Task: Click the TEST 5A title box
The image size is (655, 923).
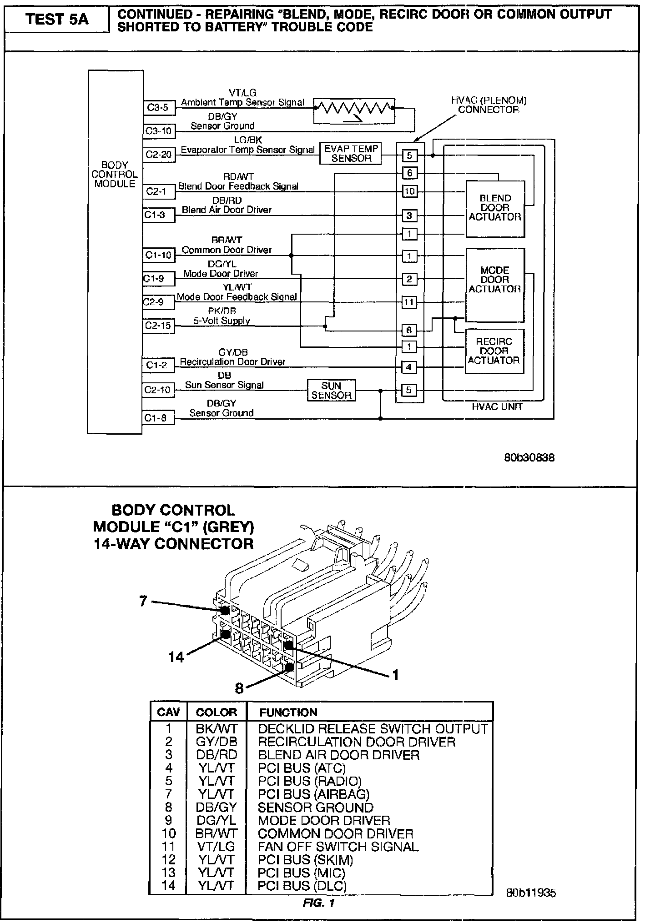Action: [x=57, y=20]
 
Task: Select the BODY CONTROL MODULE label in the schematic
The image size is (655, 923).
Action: [x=115, y=175]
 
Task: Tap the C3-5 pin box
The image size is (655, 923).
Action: [x=158, y=108]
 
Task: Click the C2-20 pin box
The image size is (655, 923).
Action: [x=159, y=155]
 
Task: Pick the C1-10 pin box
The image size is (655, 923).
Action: [x=159, y=256]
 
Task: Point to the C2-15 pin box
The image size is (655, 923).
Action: [x=158, y=326]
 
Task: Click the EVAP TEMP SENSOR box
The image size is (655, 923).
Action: [x=351, y=154]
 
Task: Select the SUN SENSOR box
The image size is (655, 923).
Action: [x=332, y=391]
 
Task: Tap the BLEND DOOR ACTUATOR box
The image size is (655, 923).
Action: [x=495, y=208]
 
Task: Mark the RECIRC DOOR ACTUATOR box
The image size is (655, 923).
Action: [x=494, y=351]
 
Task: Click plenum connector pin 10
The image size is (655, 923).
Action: [x=409, y=191]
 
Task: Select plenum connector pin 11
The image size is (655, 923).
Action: [x=409, y=302]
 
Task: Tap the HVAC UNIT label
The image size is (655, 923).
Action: [x=497, y=407]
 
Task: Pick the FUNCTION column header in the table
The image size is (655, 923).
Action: [x=288, y=712]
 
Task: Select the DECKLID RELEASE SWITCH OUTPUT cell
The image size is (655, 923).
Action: [x=373, y=729]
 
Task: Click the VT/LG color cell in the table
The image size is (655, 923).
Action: [x=216, y=847]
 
